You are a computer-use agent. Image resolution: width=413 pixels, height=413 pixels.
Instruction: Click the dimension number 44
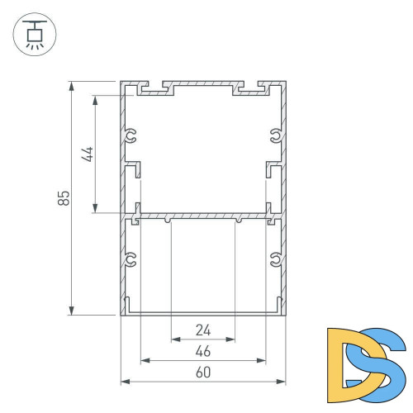click(89, 154)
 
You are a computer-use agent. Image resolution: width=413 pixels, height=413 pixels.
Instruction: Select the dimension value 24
click(203, 330)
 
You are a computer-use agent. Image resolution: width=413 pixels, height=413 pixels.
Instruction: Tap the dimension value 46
click(203, 352)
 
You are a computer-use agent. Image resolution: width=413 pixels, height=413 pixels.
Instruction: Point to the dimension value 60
click(203, 373)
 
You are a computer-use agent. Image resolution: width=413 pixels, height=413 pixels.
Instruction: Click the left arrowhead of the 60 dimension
click(126, 382)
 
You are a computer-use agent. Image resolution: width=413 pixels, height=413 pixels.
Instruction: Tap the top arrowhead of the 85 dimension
click(73, 86)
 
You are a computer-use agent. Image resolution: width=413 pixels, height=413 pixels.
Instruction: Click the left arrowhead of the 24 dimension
click(175, 339)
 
